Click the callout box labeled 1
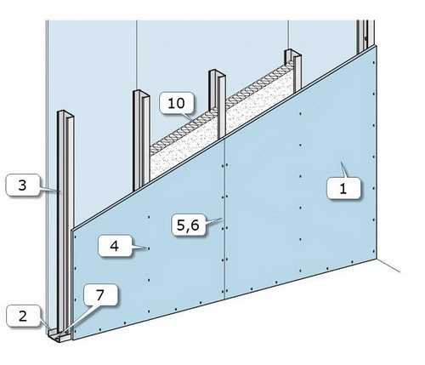(343, 188)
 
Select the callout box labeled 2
(23, 316)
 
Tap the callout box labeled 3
(23, 185)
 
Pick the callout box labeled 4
(115, 246)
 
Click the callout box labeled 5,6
(189, 225)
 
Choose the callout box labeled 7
(100, 295)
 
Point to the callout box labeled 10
(176, 103)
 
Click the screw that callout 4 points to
(148, 248)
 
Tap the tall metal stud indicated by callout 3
(65, 221)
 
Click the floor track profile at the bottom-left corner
(59, 336)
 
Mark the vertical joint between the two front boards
(224, 219)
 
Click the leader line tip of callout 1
(341, 162)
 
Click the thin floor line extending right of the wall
(388, 265)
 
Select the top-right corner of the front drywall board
(376, 45)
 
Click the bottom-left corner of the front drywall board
(73, 339)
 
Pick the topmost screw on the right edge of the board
(374, 62)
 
